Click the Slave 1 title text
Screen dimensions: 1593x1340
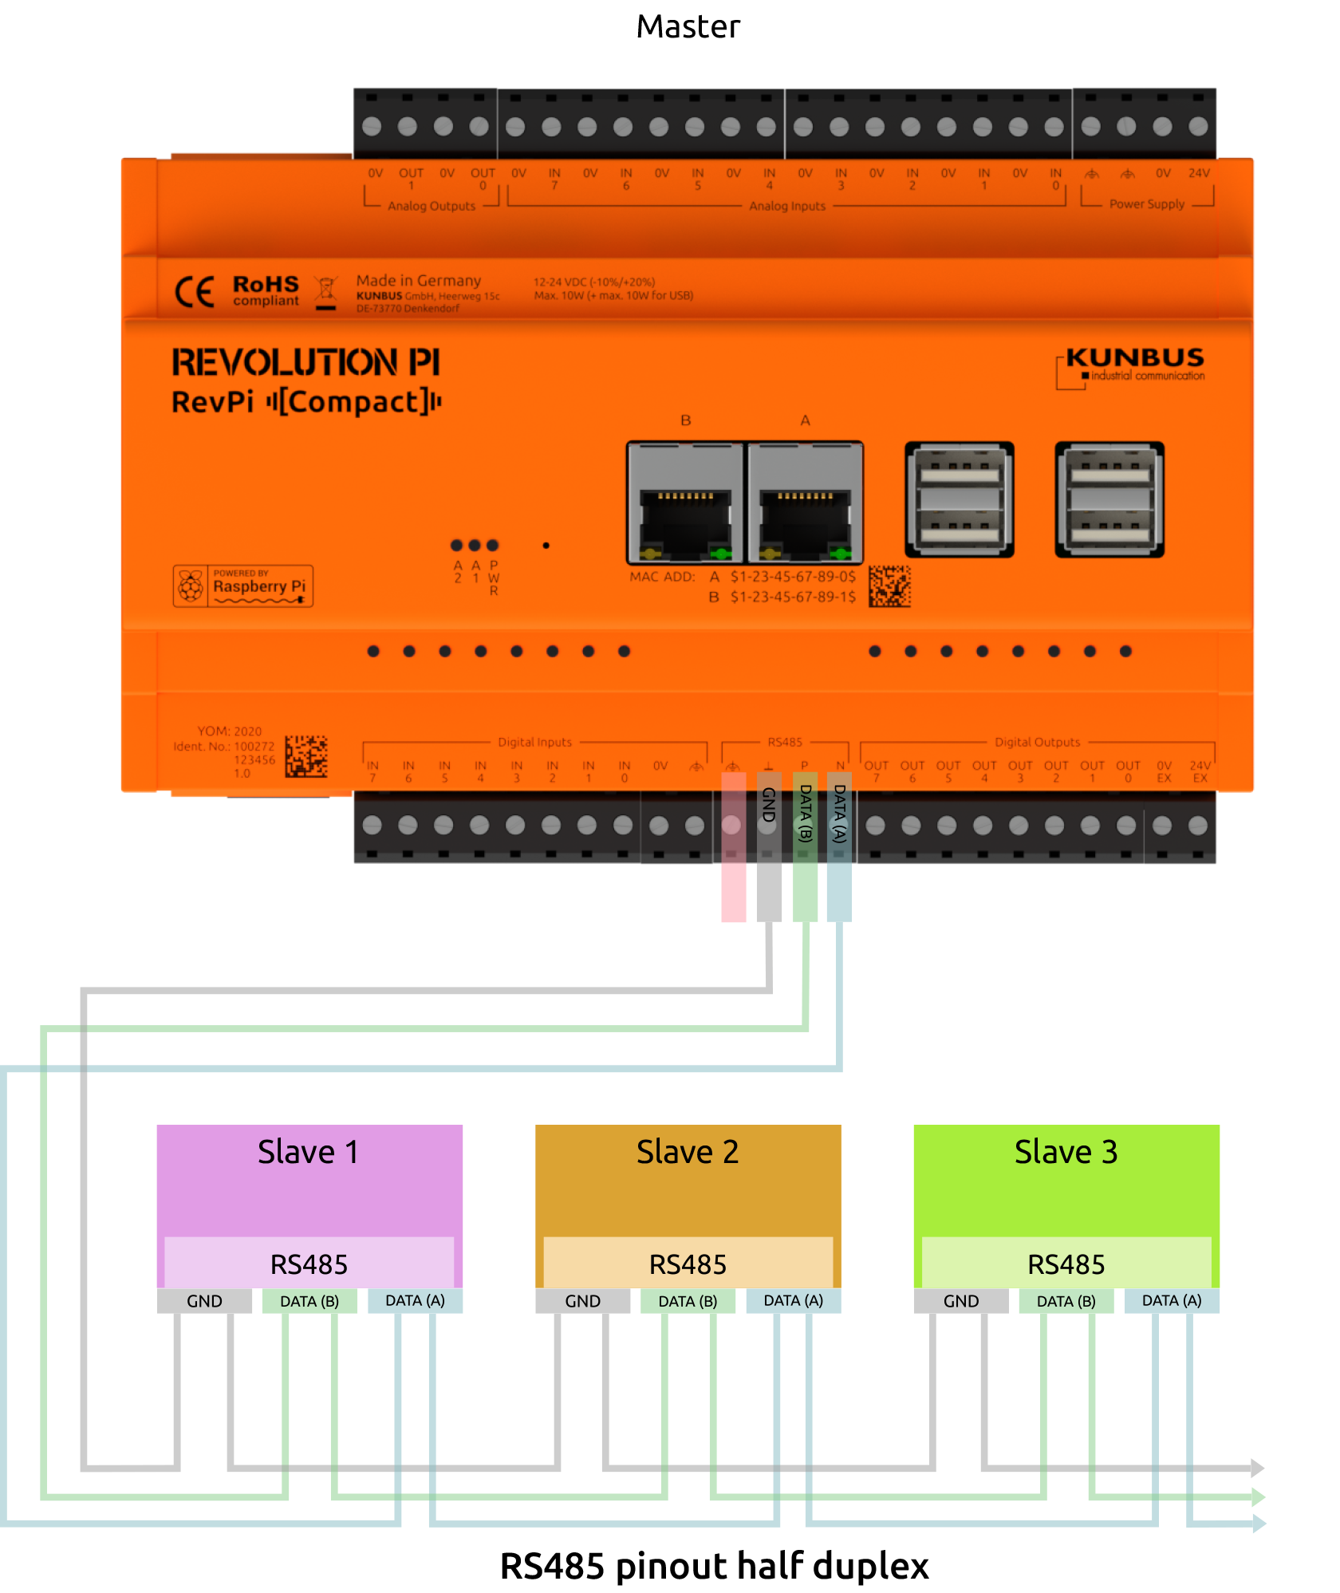click(308, 1152)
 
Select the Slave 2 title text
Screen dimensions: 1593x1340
click(687, 1152)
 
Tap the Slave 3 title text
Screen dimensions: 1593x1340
click(1066, 1152)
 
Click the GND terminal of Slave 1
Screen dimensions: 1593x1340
click(204, 1301)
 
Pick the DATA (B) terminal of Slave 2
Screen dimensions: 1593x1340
click(688, 1301)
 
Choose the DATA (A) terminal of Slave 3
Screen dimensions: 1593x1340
click(1171, 1301)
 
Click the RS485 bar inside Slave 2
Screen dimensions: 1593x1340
click(688, 1264)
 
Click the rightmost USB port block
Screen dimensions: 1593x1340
click(1109, 499)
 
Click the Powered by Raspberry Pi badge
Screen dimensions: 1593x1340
click(242, 586)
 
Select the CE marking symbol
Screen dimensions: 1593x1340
click(194, 292)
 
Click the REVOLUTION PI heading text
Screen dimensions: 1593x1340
click(305, 362)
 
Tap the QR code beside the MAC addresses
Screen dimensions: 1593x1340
click(889, 586)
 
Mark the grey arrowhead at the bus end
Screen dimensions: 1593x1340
click(1257, 1468)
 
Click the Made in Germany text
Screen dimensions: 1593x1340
click(418, 281)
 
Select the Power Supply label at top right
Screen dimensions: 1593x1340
click(1146, 204)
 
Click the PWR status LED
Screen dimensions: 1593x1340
click(493, 546)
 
